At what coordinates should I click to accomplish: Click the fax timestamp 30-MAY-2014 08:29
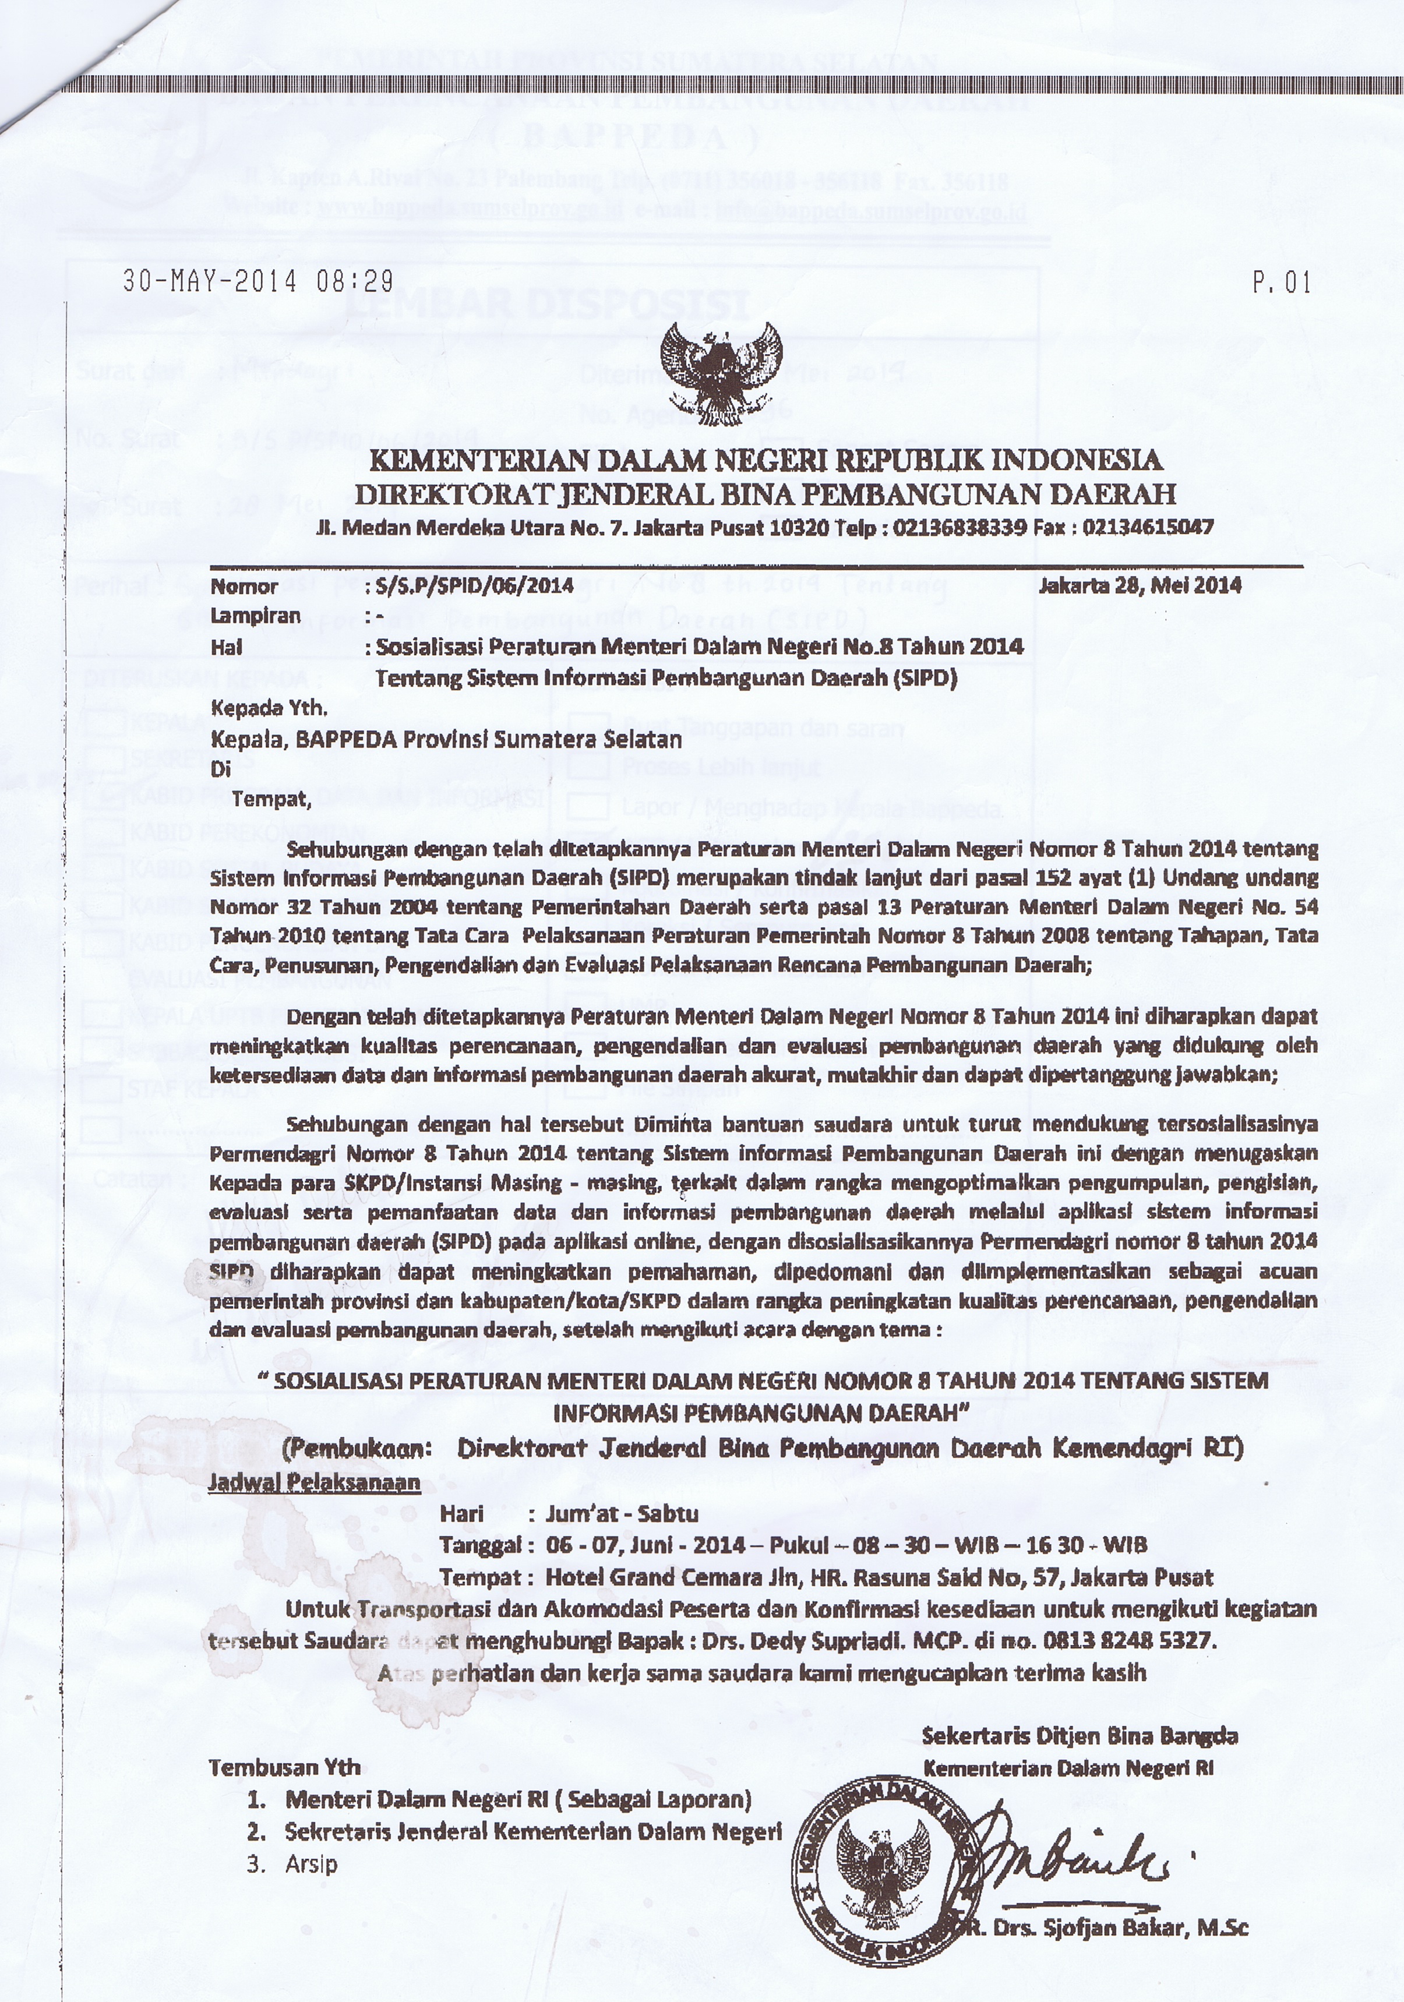257,282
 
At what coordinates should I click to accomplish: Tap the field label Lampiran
256,616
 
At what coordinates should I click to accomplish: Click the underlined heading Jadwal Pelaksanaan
315,1482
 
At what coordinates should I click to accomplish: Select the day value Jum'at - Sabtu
622,1514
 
